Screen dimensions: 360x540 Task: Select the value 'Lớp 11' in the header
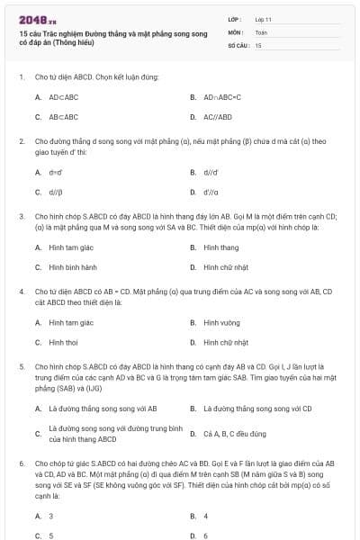(264, 18)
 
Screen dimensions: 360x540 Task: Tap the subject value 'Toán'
(261, 31)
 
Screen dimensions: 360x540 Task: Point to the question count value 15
(258, 44)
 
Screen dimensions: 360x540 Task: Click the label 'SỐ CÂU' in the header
(238, 44)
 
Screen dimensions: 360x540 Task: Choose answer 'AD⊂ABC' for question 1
(64, 96)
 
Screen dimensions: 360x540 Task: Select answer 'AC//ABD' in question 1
(217, 117)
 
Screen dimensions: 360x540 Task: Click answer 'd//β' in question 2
(56, 192)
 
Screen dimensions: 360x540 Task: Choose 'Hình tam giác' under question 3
(71, 247)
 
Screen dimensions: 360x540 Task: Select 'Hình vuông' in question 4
(220, 322)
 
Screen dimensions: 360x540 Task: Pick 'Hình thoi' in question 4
(63, 342)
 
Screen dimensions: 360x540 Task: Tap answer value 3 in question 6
(50, 516)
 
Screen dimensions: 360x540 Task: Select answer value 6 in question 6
(205, 535)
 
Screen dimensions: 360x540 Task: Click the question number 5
(21, 367)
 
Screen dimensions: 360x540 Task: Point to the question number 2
(21, 141)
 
